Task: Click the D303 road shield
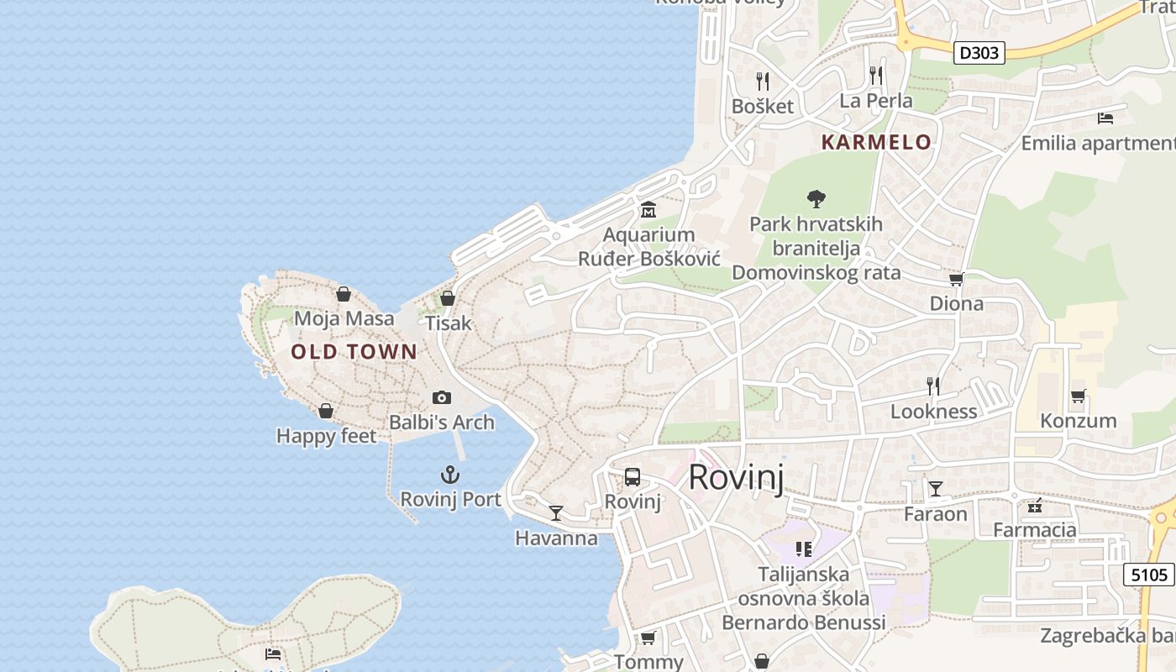coord(979,53)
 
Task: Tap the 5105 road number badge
coord(1148,575)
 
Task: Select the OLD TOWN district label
coord(354,352)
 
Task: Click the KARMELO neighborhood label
coord(876,142)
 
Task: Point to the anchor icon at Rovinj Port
coord(450,475)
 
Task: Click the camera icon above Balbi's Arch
coord(442,397)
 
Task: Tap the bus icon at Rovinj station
coord(633,477)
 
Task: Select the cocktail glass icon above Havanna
coord(556,512)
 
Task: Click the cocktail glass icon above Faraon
coord(935,488)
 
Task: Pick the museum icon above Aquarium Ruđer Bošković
coord(648,209)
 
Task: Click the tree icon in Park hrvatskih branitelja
coord(816,199)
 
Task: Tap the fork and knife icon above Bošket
coord(763,81)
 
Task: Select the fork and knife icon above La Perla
coord(876,76)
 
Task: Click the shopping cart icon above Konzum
coord(1079,396)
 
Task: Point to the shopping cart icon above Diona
coord(956,279)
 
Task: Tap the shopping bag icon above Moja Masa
coord(344,294)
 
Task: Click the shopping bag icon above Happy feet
coord(326,411)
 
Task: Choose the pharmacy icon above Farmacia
coord(1035,505)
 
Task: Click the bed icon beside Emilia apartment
coord(1105,118)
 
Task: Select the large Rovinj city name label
coord(736,477)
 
